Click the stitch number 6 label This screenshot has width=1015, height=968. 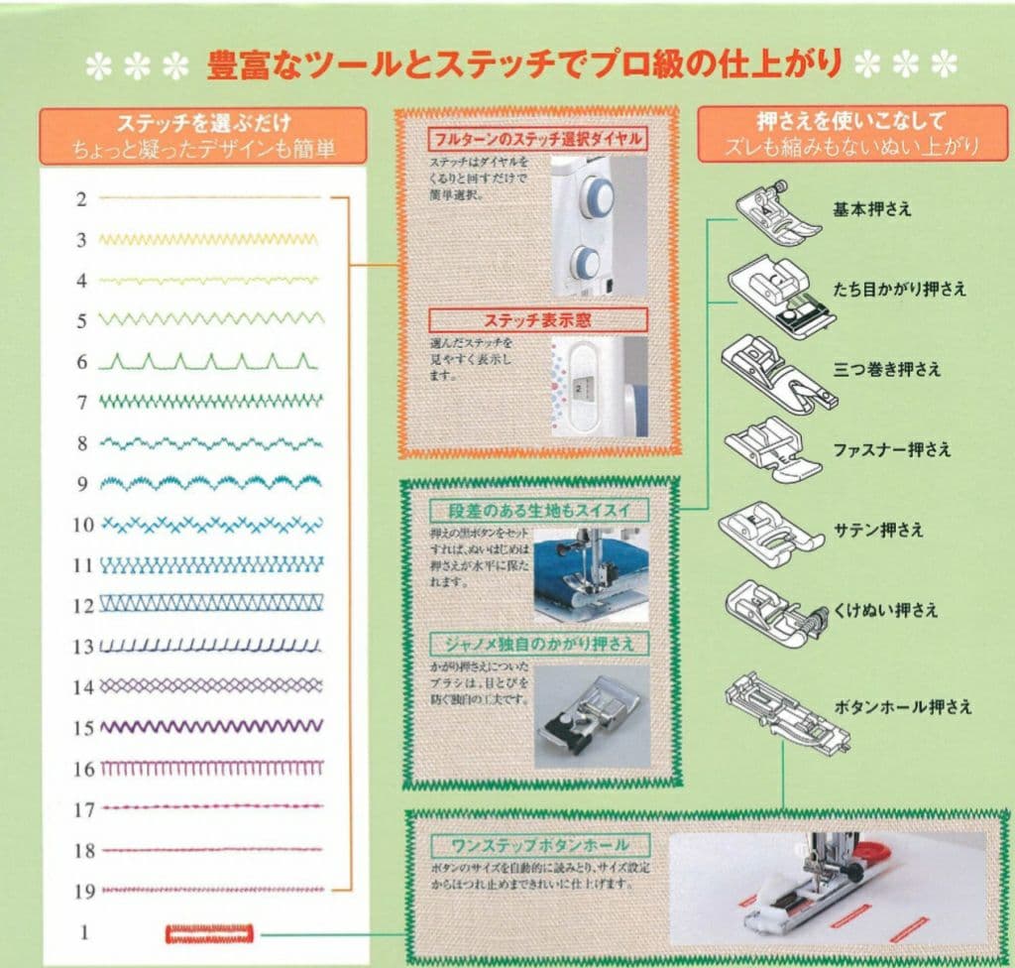tap(83, 363)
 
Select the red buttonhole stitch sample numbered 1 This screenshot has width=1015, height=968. tap(209, 933)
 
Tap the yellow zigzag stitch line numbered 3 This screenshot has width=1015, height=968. tap(209, 240)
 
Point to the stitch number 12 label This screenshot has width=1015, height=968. tap(83, 606)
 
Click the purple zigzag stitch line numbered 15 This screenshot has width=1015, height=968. tap(211, 727)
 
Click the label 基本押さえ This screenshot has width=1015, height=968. tap(872, 209)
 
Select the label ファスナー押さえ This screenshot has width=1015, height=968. tap(892, 449)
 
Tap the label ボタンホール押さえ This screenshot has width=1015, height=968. tap(903, 707)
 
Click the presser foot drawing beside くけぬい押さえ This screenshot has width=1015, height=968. tap(773, 609)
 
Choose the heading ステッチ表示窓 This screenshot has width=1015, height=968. tap(538, 320)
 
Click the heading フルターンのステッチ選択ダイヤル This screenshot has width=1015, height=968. tap(537, 138)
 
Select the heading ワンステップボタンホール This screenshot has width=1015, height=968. tap(539, 846)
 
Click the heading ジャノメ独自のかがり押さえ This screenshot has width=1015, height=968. tap(540, 645)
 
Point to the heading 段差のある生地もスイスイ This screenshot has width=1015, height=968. tap(539, 512)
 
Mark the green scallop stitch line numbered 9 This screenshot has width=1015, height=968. tap(211, 483)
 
